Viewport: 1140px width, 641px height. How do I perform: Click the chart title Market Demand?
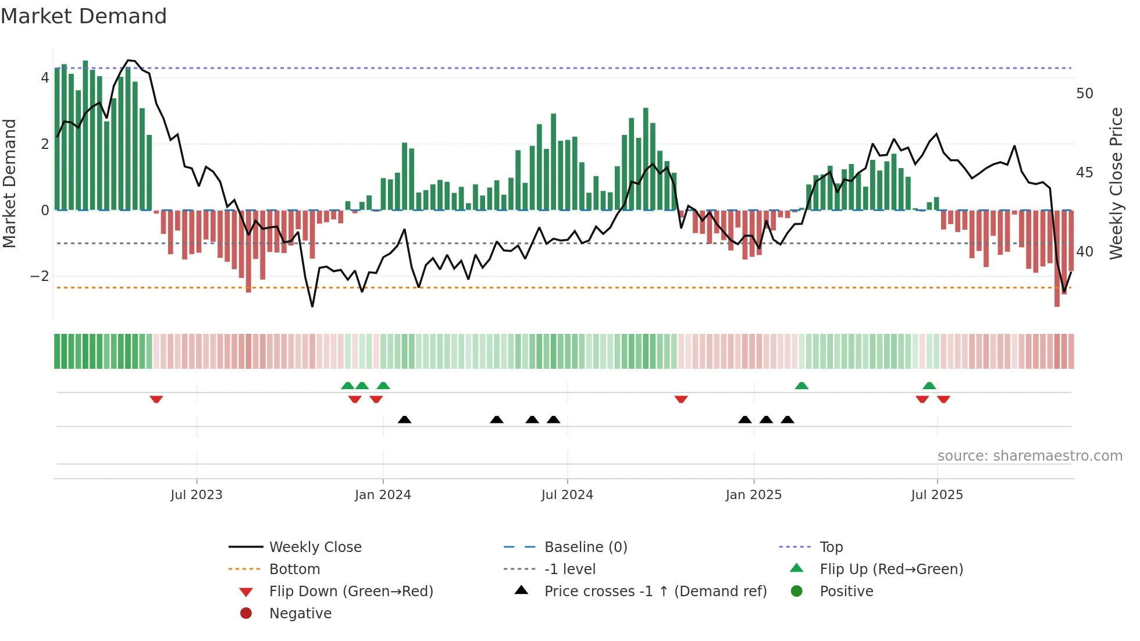tap(84, 16)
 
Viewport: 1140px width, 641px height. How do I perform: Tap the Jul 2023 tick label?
tap(197, 495)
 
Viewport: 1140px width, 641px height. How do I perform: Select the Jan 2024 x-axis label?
tap(383, 495)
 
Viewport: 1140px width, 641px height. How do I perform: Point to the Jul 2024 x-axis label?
tap(567, 495)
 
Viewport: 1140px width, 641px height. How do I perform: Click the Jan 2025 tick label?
tap(754, 495)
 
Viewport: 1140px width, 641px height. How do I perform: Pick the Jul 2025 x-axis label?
tap(937, 495)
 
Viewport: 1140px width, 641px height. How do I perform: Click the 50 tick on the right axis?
tap(1085, 94)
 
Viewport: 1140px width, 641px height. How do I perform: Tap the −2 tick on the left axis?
tap(40, 276)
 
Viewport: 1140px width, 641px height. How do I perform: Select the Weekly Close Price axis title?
tap(1116, 183)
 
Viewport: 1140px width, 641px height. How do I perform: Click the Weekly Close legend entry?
tap(315, 547)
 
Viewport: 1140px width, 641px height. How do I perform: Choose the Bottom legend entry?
tap(294, 569)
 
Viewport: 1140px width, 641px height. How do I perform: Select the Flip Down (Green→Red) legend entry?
tap(351, 592)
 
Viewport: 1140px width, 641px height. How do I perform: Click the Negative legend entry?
tap(300, 614)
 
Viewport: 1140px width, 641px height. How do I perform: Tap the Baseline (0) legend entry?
tap(585, 547)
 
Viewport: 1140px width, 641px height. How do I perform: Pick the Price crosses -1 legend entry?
tap(655, 592)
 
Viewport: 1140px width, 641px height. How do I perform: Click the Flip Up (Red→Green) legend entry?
tap(891, 569)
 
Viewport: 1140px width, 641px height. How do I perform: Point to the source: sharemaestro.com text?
tap(1029, 456)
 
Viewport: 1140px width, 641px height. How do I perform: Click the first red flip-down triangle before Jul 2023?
tap(156, 399)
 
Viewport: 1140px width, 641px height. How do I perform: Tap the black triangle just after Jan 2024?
tap(405, 419)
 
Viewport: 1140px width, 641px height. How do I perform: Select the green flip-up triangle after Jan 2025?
tap(801, 386)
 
